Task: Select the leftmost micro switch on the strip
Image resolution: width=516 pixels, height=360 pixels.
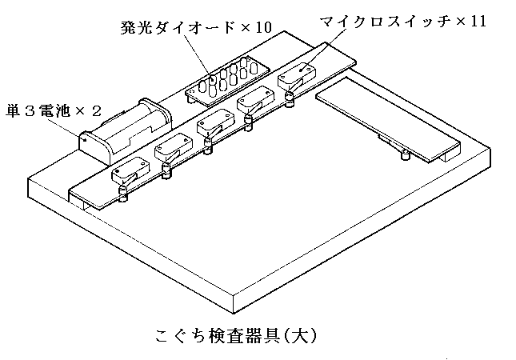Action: pyautogui.click(x=129, y=171)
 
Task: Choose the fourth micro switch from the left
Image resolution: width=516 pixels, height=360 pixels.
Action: pyautogui.click(x=255, y=102)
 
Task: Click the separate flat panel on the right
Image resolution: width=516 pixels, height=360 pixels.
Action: pyautogui.click(x=388, y=120)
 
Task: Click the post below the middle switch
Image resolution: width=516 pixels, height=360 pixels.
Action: pyautogui.click(x=209, y=146)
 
